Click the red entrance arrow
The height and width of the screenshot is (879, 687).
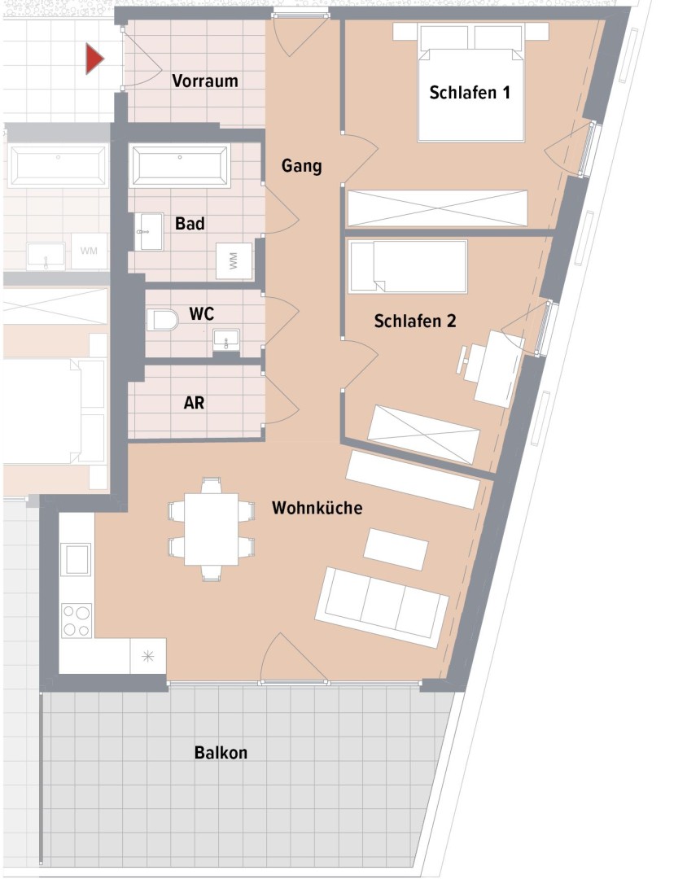[94, 59]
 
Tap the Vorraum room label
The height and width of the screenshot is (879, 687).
[204, 81]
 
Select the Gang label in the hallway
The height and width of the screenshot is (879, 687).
[302, 166]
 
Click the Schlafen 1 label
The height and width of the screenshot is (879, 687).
[470, 93]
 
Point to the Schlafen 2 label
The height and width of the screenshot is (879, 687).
[415, 321]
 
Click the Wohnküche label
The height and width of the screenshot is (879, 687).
[317, 508]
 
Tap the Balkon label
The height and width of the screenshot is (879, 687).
[221, 752]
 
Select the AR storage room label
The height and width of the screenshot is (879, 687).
[194, 403]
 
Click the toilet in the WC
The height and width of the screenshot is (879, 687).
[163, 320]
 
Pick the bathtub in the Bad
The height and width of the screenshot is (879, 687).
[179, 165]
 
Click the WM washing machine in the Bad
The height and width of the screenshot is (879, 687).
[234, 260]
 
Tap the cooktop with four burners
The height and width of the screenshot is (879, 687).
[77, 620]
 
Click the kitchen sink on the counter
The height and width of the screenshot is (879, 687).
[77, 559]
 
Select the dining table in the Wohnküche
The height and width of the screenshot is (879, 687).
[211, 529]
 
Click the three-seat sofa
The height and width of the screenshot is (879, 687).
[382, 607]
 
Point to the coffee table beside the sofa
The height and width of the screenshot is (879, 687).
[396, 549]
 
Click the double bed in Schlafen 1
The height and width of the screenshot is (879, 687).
[470, 82]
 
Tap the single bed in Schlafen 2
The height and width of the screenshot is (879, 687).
[408, 266]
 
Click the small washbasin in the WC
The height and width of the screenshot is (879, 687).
[226, 339]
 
